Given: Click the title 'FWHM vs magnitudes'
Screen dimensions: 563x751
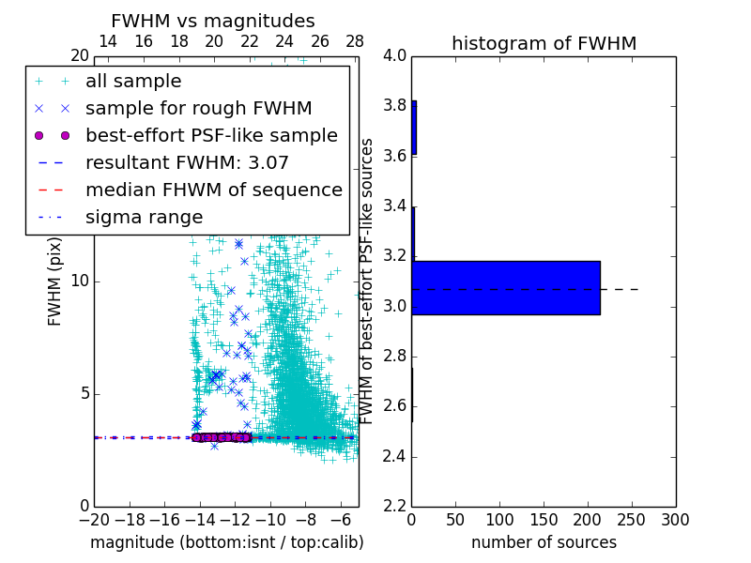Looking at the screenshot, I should tap(213, 22).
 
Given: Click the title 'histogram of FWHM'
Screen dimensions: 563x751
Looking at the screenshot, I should tap(544, 43).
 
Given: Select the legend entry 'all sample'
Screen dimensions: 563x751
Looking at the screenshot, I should tap(133, 82).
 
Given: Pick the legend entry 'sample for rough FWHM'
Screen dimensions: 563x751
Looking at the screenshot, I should tap(198, 108).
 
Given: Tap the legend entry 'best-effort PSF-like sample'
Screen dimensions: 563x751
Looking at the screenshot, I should tap(211, 135).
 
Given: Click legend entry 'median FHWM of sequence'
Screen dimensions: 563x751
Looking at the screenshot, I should tap(213, 190).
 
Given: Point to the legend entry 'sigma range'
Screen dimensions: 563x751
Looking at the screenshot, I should tap(144, 217).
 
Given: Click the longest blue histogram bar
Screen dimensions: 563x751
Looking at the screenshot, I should tap(506, 287).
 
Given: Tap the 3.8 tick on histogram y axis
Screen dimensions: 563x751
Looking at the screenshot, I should tap(395, 105).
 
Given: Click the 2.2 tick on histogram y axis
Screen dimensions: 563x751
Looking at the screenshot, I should tap(395, 507).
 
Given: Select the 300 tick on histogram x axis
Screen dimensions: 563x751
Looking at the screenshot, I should tap(675, 520).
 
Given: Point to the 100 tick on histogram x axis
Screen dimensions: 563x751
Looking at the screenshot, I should tap(500, 520).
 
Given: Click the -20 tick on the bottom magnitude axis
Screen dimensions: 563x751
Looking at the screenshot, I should tap(94, 520).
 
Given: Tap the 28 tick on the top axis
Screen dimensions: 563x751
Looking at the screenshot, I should tap(355, 41).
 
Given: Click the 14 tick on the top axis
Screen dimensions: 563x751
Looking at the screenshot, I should tap(108, 41).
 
